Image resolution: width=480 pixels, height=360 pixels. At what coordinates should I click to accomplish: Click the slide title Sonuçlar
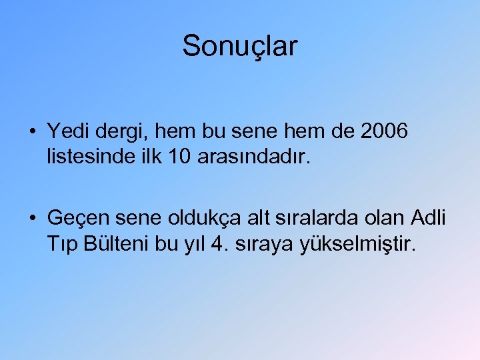240,47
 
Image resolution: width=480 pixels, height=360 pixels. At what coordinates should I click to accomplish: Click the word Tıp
63,245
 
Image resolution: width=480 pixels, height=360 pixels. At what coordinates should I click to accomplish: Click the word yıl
193,245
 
